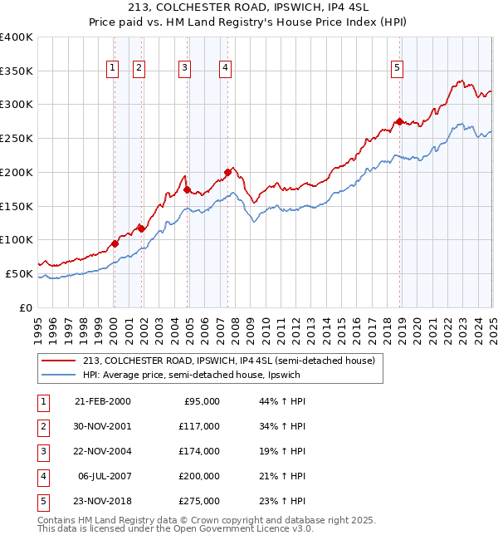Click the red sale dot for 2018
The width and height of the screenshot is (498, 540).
(x=400, y=121)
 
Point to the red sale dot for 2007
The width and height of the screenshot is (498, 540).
(x=227, y=172)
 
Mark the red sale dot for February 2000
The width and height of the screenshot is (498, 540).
(x=115, y=243)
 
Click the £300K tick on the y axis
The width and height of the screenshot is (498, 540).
(x=17, y=105)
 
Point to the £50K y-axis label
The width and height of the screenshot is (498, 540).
(x=19, y=273)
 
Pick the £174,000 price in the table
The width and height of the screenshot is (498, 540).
(x=199, y=451)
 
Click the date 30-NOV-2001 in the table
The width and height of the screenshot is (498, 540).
(x=102, y=426)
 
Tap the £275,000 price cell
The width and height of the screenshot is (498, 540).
(x=199, y=501)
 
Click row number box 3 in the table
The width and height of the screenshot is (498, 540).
(x=41, y=451)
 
